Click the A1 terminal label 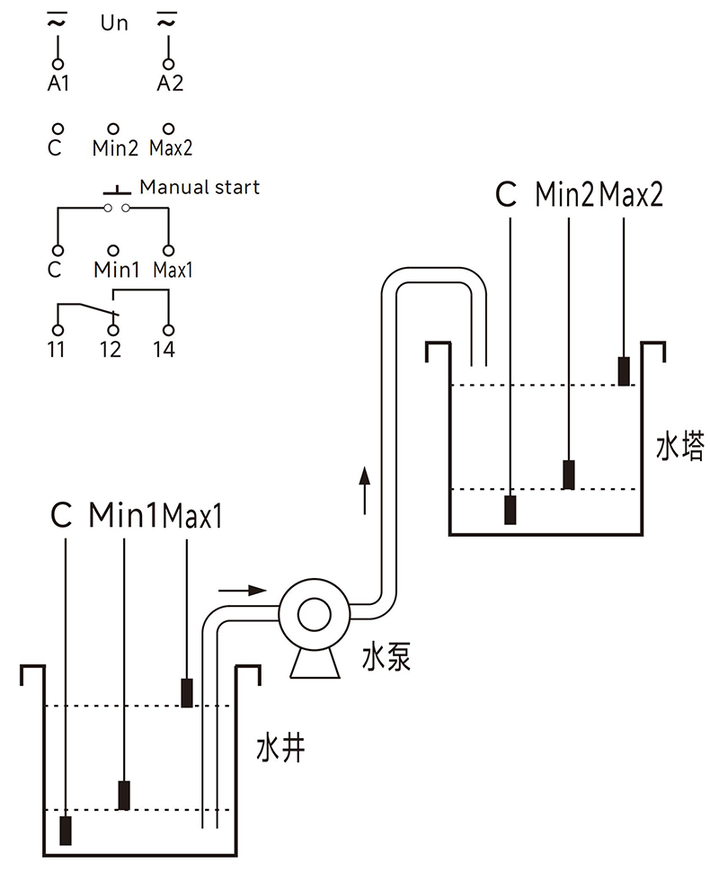coord(57,84)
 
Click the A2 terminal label coord(169,84)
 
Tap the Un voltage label coord(113,24)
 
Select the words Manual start coord(200,187)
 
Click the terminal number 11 coord(57,350)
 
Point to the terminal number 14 coord(164,350)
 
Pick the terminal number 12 coord(111,350)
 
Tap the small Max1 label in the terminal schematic coord(173,270)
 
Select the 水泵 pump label coord(386,658)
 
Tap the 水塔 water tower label coord(679,447)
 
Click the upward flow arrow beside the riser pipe coord(364,490)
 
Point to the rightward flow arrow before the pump coord(243,591)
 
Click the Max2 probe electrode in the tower coord(624,370)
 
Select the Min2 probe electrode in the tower coord(568,474)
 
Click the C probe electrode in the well coord(66,830)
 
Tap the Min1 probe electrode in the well coord(124,795)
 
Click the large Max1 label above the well coord(192,518)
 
